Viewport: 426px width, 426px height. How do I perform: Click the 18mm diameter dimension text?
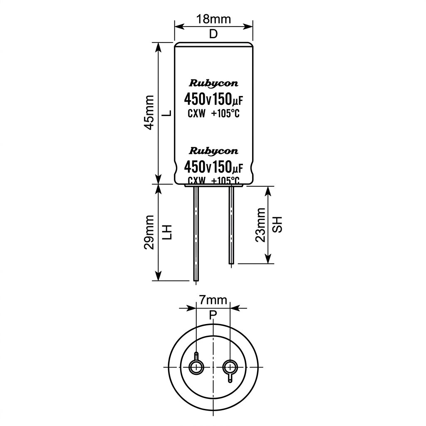(213, 19)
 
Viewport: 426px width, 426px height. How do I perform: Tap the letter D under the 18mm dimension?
(213, 34)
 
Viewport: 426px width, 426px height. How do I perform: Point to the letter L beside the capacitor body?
(168, 112)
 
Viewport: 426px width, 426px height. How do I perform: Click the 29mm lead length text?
(149, 233)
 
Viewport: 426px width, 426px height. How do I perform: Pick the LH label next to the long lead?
(168, 232)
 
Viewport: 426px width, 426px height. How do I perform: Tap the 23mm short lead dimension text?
(260, 225)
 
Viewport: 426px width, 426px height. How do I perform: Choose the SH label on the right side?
(277, 224)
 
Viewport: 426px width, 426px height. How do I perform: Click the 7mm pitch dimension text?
(213, 300)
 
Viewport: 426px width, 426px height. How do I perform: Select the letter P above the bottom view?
(213, 315)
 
